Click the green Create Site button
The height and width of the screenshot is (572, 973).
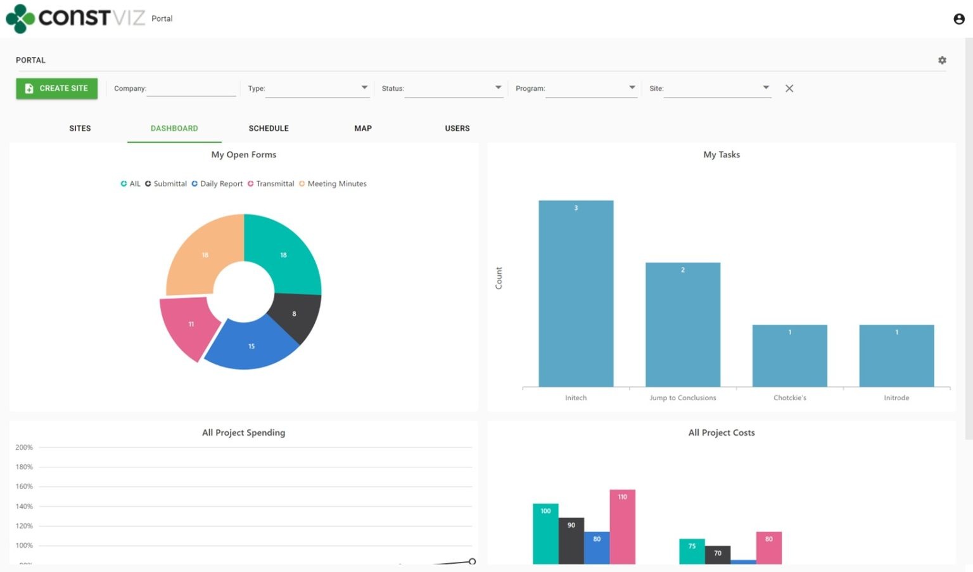[x=57, y=89]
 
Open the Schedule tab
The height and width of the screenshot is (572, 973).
[x=269, y=128]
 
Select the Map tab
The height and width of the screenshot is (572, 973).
[x=363, y=128]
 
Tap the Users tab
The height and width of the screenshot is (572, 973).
[x=457, y=128]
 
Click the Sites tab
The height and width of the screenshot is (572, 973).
[x=80, y=128]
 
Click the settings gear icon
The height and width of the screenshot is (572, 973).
[x=942, y=60]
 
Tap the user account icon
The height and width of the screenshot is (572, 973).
[x=959, y=19]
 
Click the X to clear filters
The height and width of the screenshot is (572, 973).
[x=789, y=89]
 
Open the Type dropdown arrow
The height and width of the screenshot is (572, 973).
[x=364, y=88]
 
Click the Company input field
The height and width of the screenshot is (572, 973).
[x=191, y=89]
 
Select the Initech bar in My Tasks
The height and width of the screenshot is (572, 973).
[x=576, y=293]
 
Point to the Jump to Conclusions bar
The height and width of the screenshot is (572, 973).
[x=683, y=324]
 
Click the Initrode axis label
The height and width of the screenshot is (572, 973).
[x=896, y=398]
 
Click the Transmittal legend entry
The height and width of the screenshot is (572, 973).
[x=271, y=184]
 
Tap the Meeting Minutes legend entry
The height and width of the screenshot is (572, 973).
[x=333, y=184]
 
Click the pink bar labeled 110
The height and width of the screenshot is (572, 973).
[x=622, y=526]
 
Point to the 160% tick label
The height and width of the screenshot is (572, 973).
[x=24, y=487]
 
